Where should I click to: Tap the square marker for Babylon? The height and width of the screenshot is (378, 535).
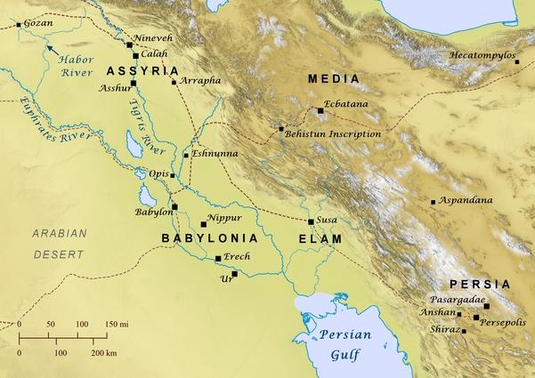(175, 207)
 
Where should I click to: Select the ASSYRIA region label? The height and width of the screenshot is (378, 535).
(142, 70)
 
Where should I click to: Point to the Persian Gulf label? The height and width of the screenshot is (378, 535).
(343, 345)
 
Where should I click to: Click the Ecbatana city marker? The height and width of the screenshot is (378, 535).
(320, 110)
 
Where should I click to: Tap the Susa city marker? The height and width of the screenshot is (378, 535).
(311, 221)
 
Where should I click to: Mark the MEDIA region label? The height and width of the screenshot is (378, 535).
(334, 79)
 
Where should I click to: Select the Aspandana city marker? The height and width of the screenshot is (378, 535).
(434, 202)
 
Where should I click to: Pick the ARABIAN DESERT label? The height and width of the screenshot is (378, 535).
(58, 243)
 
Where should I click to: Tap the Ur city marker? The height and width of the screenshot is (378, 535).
(235, 273)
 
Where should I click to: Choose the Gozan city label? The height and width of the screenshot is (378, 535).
(38, 22)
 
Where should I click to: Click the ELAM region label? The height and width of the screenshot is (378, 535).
(320, 239)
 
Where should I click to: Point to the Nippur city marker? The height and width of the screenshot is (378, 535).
(204, 223)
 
